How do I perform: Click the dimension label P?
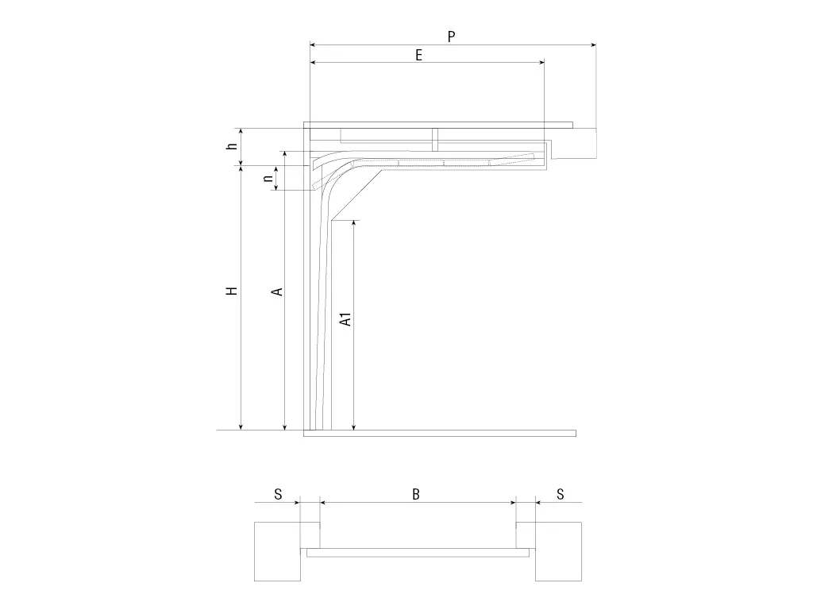pyautogui.click(x=451, y=37)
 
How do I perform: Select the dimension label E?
pyautogui.click(x=419, y=55)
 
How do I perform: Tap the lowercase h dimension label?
pyautogui.click(x=233, y=146)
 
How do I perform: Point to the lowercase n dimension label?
pyautogui.click(x=268, y=178)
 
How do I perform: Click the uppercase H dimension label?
pyautogui.click(x=232, y=291)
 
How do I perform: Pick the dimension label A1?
pyautogui.click(x=346, y=319)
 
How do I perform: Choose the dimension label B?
pyautogui.click(x=416, y=494)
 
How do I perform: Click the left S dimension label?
pyautogui.click(x=278, y=494)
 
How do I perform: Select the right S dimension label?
pyautogui.click(x=560, y=494)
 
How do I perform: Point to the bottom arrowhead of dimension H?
pyautogui.click(x=241, y=427)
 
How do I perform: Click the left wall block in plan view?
pyautogui.click(x=277, y=551)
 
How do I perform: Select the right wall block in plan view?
pyautogui.click(x=559, y=551)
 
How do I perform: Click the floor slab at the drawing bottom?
pyautogui.click(x=440, y=434)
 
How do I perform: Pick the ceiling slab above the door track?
pyautogui.click(x=438, y=125)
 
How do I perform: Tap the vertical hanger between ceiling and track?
pyautogui.click(x=435, y=140)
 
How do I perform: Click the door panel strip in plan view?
pyautogui.click(x=418, y=553)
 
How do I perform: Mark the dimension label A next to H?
pyautogui.click(x=277, y=291)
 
